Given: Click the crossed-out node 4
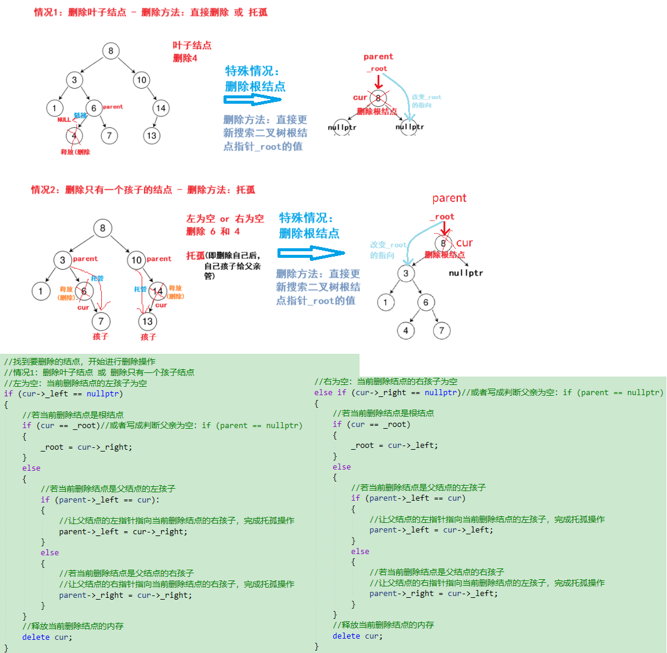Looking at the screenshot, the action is [74, 136].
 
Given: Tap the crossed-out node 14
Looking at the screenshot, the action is [158, 291].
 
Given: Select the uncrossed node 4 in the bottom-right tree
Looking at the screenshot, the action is [406, 330].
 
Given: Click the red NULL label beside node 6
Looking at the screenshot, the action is [64, 119].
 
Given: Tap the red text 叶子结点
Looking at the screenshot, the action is [192, 45].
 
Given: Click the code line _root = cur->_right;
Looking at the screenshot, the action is [86, 447].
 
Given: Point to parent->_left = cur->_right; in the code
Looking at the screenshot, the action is [123, 531].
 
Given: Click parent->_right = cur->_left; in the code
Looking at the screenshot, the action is [433, 594].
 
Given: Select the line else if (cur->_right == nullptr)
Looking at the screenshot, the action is [386, 392].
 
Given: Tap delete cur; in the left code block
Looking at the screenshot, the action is [47, 637].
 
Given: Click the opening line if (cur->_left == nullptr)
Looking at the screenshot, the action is [63, 393].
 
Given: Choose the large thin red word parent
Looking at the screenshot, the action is [449, 198].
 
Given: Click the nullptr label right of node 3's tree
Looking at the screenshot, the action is [466, 273].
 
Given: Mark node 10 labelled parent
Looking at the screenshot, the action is [137, 260].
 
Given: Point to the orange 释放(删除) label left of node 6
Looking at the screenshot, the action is [65, 292].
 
